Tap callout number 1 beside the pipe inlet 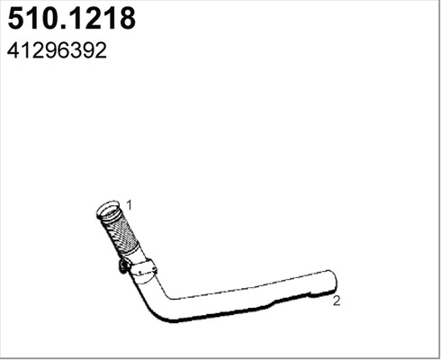pyautogui.click(x=130, y=205)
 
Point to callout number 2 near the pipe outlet pyautogui.click(x=337, y=301)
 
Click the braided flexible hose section pyautogui.click(x=119, y=236)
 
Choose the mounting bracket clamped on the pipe pyautogui.click(x=142, y=267)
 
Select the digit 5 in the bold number pyautogui.click(x=16, y=20)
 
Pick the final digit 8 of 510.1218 pyautogui.click(x=126, y=20)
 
